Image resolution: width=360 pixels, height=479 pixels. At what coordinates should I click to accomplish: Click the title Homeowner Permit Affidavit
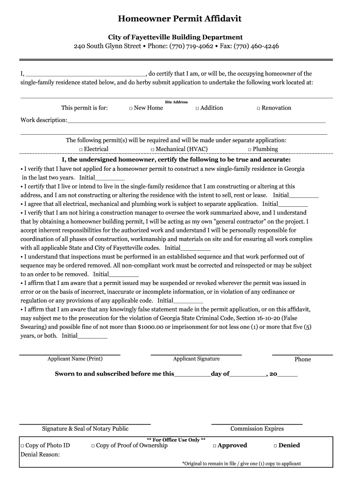[180, 19]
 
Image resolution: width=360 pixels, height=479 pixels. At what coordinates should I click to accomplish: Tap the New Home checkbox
[131, 109]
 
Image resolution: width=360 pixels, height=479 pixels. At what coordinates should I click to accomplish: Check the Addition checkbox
[197, 109]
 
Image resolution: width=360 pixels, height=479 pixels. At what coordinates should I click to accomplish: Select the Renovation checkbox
[258, 109]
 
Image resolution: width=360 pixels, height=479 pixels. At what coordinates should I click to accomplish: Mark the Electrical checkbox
[81, 150]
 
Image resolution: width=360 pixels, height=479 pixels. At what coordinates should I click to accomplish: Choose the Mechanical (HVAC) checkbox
[152, 150]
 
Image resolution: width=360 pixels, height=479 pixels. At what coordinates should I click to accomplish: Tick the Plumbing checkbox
[250, 150]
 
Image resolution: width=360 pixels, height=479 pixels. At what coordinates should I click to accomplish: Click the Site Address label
[176, 102]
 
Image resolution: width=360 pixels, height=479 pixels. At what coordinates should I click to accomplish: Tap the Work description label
[43, 120]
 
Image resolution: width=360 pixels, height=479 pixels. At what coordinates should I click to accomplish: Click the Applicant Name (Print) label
[75, 359]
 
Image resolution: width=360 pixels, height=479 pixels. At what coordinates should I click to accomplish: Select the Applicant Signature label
[196, 359]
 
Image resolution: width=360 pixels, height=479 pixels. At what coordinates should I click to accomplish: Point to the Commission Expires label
[257, 428]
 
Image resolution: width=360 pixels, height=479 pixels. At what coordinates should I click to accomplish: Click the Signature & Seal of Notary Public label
[85, 428]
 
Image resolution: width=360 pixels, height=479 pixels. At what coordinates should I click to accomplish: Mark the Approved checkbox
[214, 446]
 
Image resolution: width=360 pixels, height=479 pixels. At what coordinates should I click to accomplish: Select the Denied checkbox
[275, 446]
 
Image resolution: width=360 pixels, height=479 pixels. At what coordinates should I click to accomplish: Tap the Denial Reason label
[40, 454]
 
